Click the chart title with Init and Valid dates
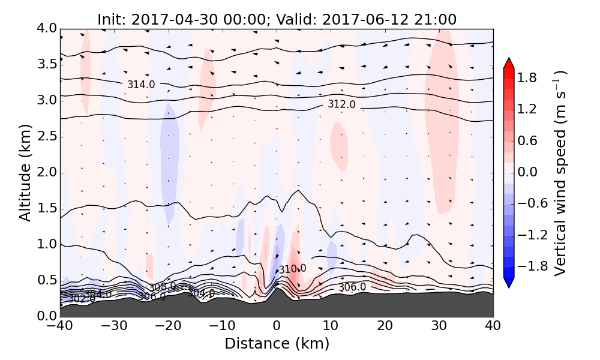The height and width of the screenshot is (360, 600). [x=277, y=19]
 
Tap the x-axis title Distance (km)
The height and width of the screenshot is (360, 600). [x=277, y=344]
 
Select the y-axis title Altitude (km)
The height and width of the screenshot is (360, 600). [x=25, y=173]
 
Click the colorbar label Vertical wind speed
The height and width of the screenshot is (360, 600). [x=559, y=173]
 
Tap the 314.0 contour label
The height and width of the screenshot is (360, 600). [x=141, y=85]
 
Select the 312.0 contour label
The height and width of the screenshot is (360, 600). [x=341, y=104]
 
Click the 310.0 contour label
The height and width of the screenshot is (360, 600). [x=292, y=269]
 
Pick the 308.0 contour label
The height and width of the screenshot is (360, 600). [x=163, y=287]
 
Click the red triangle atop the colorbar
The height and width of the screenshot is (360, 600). [x=509, y=62]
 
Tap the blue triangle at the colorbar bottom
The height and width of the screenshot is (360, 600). [x=509, y=283]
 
